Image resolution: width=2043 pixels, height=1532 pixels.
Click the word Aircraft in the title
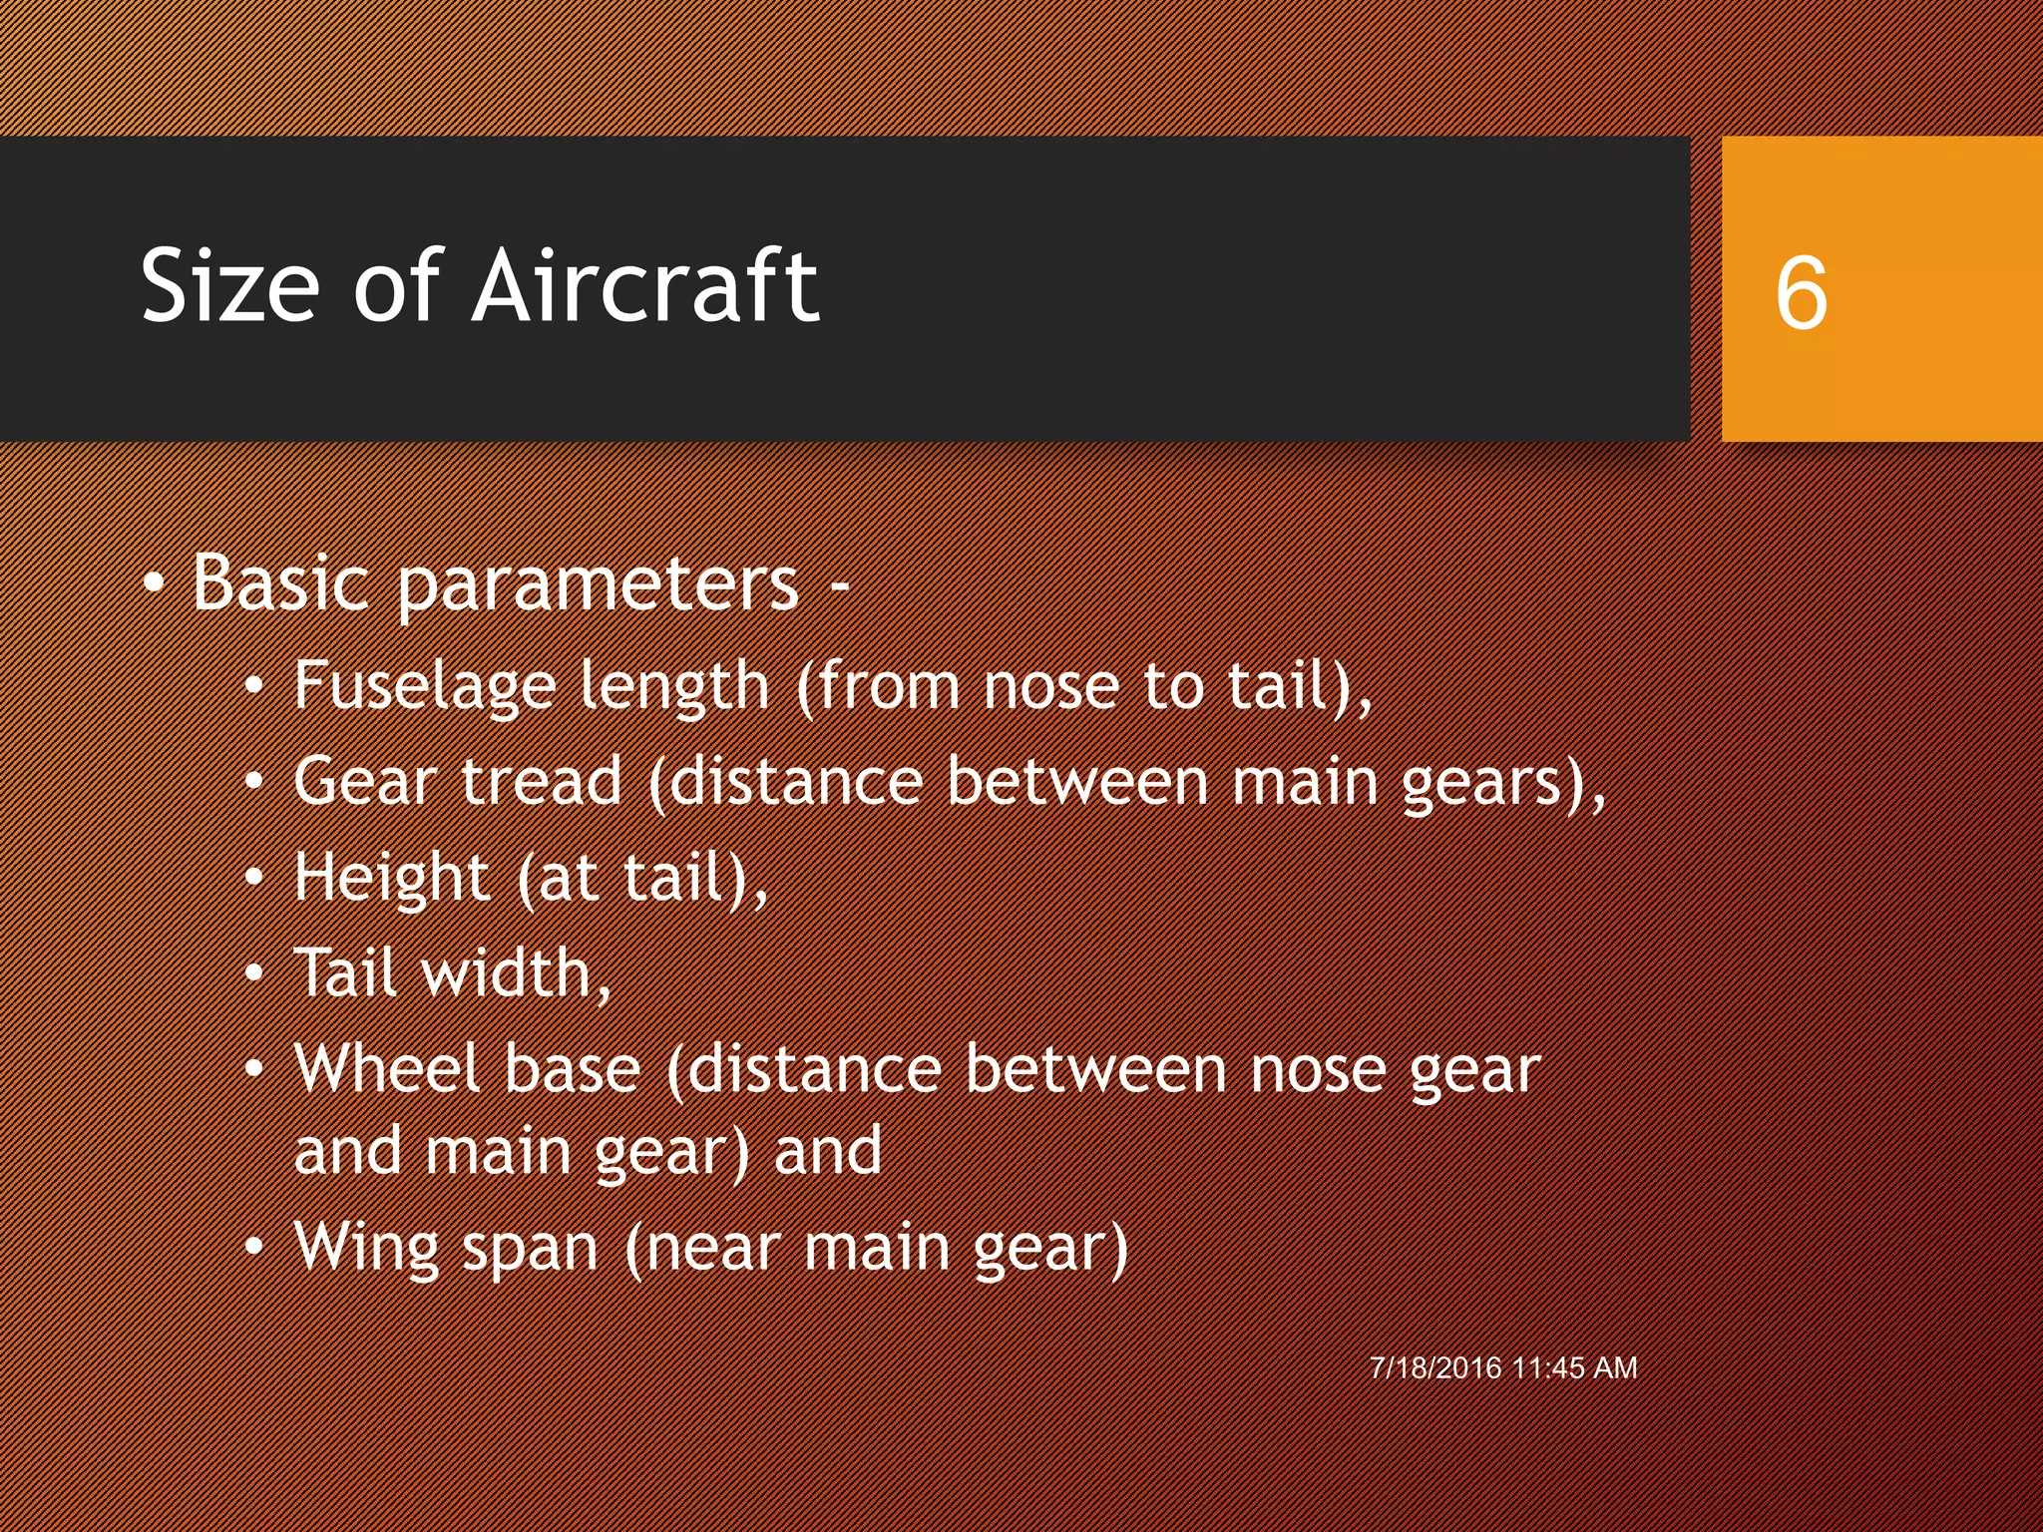point(645,286)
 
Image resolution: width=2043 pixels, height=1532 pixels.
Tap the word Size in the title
point(230,286)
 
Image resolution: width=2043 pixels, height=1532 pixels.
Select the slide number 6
point(1801,293)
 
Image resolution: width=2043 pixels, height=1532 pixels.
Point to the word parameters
point(599,586)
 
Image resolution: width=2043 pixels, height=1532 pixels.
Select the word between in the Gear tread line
point(1077,781)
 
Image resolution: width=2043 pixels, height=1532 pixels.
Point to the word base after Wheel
point(572,1068)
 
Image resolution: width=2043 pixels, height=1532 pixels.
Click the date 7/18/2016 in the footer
point(1435,1367)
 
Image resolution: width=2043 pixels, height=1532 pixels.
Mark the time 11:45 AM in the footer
point(1575,1367)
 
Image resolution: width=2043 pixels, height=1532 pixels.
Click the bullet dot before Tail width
point(255,972)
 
